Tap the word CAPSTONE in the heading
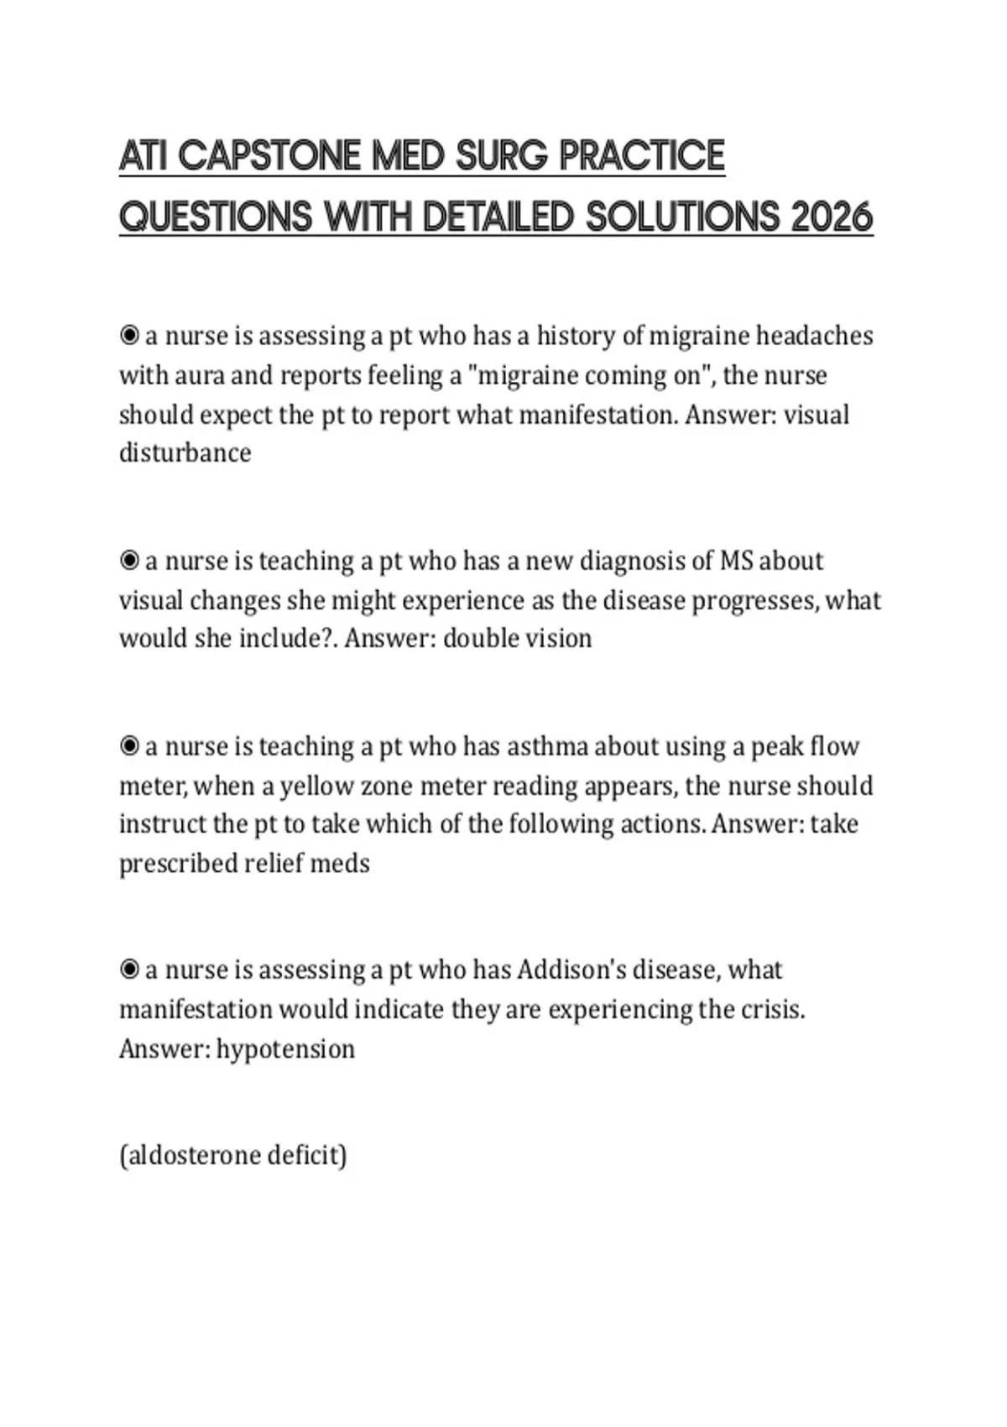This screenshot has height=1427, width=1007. pyautogui.click(x=271, y=156)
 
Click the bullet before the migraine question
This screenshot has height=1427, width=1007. pyautogui.click(x=129, y=336)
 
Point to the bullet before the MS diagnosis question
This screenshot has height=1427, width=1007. pyautogui.click(x=129, y=560)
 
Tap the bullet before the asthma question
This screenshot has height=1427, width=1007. pyautogui.click(x=129, y=745)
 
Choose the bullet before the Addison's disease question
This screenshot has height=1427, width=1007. pyautogui.click(x=129, y=970)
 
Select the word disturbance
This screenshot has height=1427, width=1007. pyautogui.click(x=185, y=453)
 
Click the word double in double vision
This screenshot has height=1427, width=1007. pyautogui.click(x=481, y=639)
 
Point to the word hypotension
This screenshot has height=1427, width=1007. pyautogui.click(x=285, y=1049)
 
